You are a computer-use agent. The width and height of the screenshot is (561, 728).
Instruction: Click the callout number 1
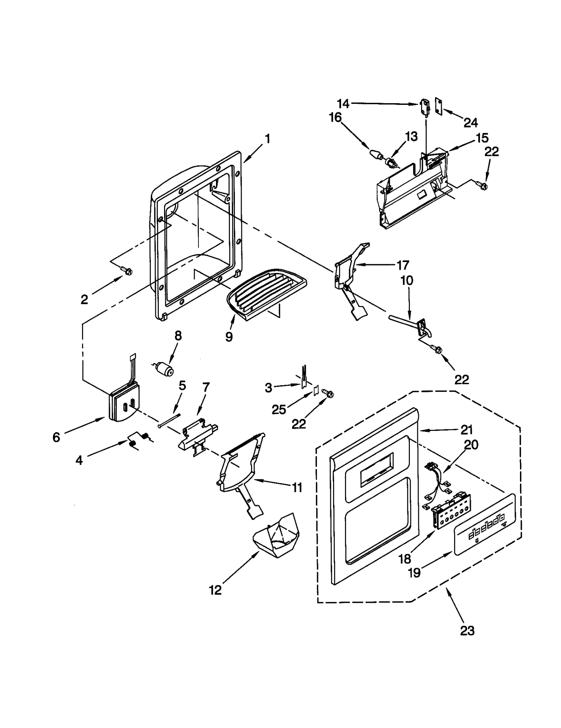[267, 139]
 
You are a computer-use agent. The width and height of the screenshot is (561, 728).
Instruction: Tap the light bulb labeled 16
[376, 154]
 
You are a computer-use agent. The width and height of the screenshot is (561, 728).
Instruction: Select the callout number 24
[471, 122]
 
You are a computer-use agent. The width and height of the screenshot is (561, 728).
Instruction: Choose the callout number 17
[403, 265]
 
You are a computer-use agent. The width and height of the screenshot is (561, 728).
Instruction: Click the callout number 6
[56, 437]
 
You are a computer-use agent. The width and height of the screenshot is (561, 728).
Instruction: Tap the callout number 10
[407, 280]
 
